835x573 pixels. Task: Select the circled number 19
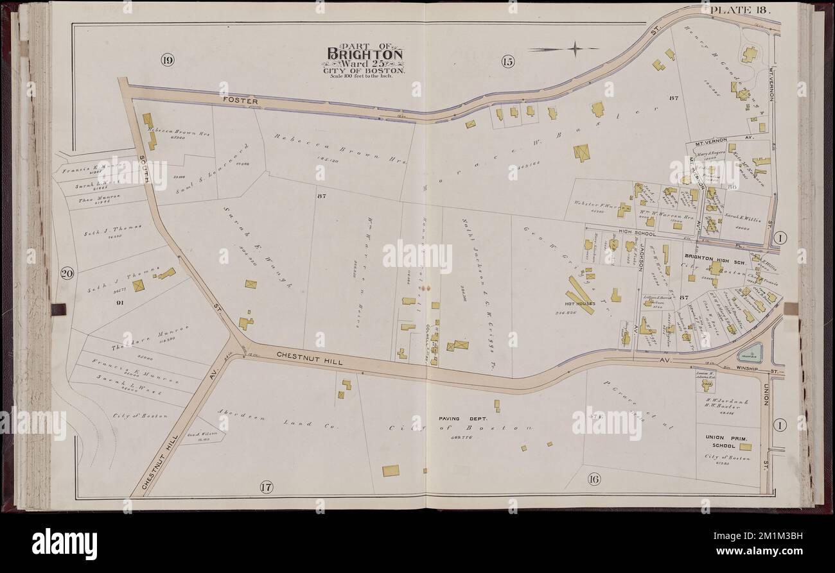click(168, 61)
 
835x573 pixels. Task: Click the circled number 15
click(507, 62)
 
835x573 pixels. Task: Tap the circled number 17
click(267, 487)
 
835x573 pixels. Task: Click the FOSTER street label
click(240, 101)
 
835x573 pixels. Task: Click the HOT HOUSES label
click(580, 303)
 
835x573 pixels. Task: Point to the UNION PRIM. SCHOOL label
click(719, 441)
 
